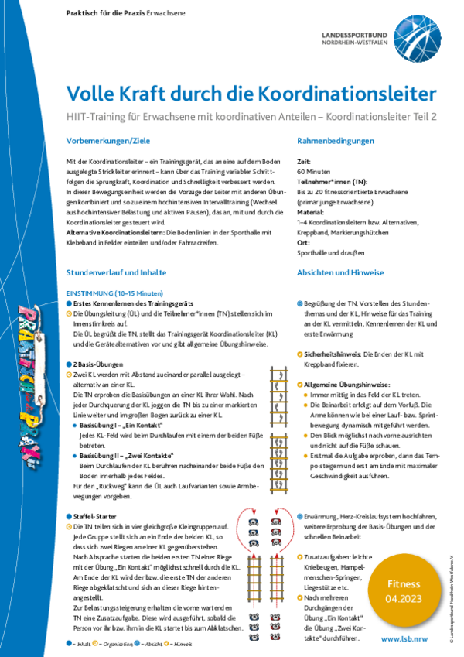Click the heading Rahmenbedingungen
coord(336,141)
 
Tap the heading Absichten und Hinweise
coord(341,273)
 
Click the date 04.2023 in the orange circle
coord(404,599)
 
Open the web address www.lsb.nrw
coord(406,639)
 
